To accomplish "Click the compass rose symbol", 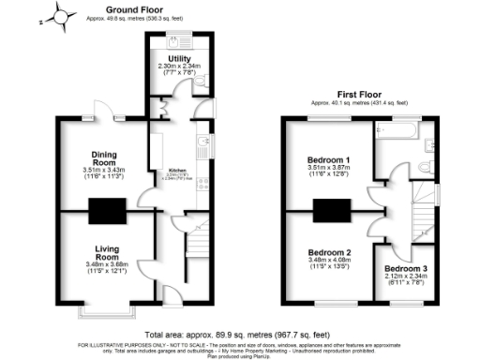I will tap(62, 15).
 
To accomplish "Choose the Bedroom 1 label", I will tap(328, 160).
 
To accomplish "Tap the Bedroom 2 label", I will tap(329, 252).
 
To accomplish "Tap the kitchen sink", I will tap(202, 142).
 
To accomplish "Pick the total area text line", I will tap(239, 334).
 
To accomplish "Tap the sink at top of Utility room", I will tap(176, 41).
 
